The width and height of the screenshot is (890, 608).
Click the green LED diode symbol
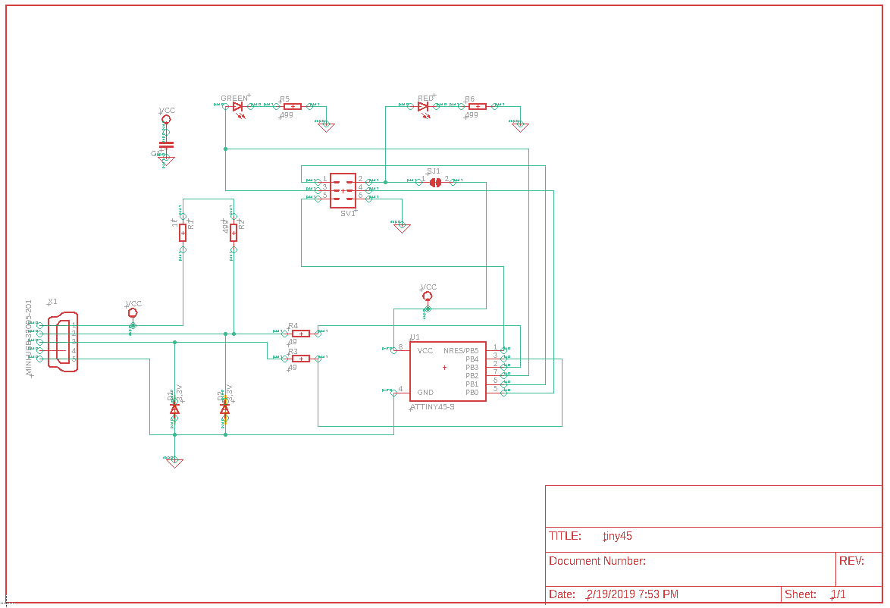pos(238,107)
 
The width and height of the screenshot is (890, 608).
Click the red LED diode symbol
pos(423,107)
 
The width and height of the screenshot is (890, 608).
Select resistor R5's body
pos(292,107)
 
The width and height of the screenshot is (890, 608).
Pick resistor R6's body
pos(478,107)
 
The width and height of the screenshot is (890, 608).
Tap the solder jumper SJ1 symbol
pos(435,182)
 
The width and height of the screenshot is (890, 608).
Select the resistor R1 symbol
pos(183,233)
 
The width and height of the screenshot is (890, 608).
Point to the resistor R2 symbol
pos(233,233)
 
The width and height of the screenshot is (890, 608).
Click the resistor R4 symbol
pos(301,334)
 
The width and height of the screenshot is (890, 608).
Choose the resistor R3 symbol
pos(301,358)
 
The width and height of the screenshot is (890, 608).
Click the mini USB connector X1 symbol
pos(64,341)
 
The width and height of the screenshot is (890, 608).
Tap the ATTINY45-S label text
pos(432,407)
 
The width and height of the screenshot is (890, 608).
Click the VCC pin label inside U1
pos(425,351)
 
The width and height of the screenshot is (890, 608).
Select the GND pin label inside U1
pos(425,393)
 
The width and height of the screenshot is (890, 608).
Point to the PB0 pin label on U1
pos(472,393)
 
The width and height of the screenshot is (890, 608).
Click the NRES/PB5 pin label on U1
pos(461,351)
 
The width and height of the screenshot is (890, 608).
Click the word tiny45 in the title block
pos(617,536)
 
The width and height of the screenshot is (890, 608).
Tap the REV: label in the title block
pos(851,561)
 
